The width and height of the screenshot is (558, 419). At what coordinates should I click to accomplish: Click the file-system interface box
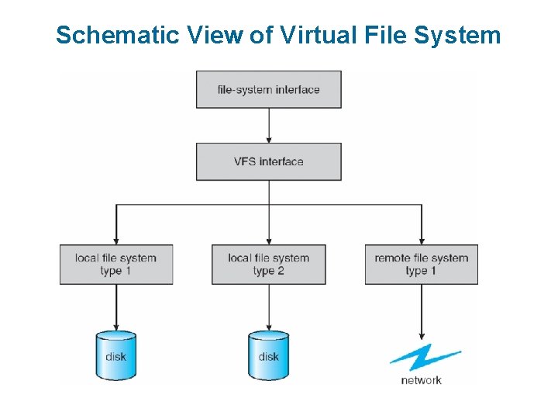pos(268,89)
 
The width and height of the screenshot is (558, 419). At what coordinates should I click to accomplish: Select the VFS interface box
pos(268,161)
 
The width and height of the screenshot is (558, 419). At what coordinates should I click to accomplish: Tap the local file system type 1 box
pos(115,264)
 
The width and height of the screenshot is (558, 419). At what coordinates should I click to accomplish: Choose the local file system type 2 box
pos(268,264)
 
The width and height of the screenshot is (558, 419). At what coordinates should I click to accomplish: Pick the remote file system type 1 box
pos(421,264)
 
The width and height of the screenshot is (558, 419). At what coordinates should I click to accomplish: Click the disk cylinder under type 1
pos(115,355)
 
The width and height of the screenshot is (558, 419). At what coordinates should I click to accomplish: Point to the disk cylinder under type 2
pos(268,355)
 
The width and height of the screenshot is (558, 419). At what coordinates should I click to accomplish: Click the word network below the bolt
pos(422,380)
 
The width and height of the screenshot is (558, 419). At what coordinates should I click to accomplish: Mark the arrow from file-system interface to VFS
pos(268,125)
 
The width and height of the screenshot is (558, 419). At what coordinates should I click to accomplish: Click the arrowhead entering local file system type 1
pos(115,239)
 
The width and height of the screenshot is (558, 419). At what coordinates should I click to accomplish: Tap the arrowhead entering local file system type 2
pos(268,239)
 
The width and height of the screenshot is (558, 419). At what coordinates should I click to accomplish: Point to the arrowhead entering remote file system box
pos(421,239)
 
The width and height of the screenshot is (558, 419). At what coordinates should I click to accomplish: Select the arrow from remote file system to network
pos(421,310)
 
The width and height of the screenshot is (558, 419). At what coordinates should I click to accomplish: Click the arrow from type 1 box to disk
pos(115,306)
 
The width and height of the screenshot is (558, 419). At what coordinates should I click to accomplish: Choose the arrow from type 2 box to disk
pos(268,306)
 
